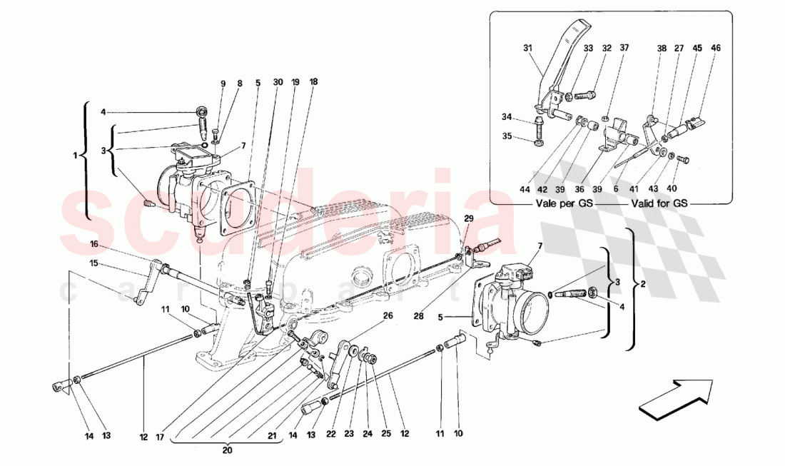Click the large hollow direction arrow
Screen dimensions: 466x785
(x=675, y=397)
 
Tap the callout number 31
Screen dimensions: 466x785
(x=527, y=49)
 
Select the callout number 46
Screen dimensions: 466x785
(x=716, y=49)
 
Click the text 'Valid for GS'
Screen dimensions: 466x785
(x=660, y=203)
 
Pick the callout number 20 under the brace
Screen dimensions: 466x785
(x=227, y=450)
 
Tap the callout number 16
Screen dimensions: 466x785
(x=93, y=244)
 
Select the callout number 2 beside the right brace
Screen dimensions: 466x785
(x=644, y=285)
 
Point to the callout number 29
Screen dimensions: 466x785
(x=469, y=218)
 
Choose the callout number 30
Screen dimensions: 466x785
(x=277, y=82)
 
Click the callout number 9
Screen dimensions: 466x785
(x=223, y=83)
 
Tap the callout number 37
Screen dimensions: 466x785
(x=624, y=49)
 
